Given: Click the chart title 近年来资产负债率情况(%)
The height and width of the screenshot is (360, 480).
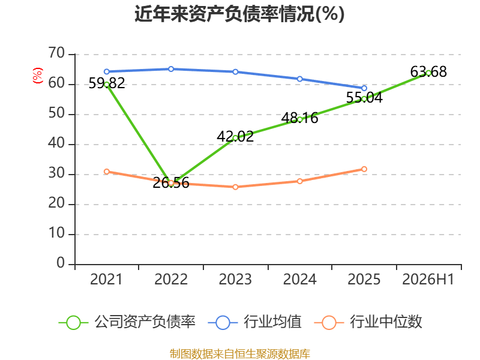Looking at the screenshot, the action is pos(239,14).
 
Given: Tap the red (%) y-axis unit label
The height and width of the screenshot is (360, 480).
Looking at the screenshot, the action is pos(38,76).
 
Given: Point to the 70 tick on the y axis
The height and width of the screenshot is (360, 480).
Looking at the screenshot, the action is pos(56,53).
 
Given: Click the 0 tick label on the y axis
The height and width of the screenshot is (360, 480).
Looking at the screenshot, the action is pos(61,263).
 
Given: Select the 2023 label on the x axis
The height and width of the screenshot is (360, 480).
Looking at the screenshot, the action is pos(235,279).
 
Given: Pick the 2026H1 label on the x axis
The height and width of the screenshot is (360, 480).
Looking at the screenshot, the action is pos(428,279).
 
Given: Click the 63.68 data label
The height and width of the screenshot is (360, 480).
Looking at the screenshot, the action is pos(428,71).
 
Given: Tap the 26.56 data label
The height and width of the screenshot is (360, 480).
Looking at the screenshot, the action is pos(171,183).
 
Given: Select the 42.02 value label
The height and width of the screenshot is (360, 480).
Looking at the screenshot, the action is pos(235,137).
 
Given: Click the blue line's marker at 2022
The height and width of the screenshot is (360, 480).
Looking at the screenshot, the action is pos(171,69).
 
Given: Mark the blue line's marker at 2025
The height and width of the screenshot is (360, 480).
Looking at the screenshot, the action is pos(364,88).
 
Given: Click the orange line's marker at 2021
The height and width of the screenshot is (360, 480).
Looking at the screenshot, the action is pos(107,172).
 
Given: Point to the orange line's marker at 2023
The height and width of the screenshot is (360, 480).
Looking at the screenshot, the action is pos(235,187).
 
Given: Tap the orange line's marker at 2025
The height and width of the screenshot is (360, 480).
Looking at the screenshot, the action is pos(364,169).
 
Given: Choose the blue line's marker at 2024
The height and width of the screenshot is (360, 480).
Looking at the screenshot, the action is pos(299,79).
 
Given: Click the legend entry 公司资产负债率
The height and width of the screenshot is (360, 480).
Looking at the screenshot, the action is pos(127,322).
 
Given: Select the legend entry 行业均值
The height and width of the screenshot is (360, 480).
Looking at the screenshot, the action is pos(254,322).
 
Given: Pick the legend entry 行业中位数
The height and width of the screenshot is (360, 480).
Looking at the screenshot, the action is pos(368,322).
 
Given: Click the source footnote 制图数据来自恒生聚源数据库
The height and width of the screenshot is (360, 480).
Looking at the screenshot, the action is pos(240,354).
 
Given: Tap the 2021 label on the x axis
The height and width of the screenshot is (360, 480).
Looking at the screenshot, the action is pos(106,279).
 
